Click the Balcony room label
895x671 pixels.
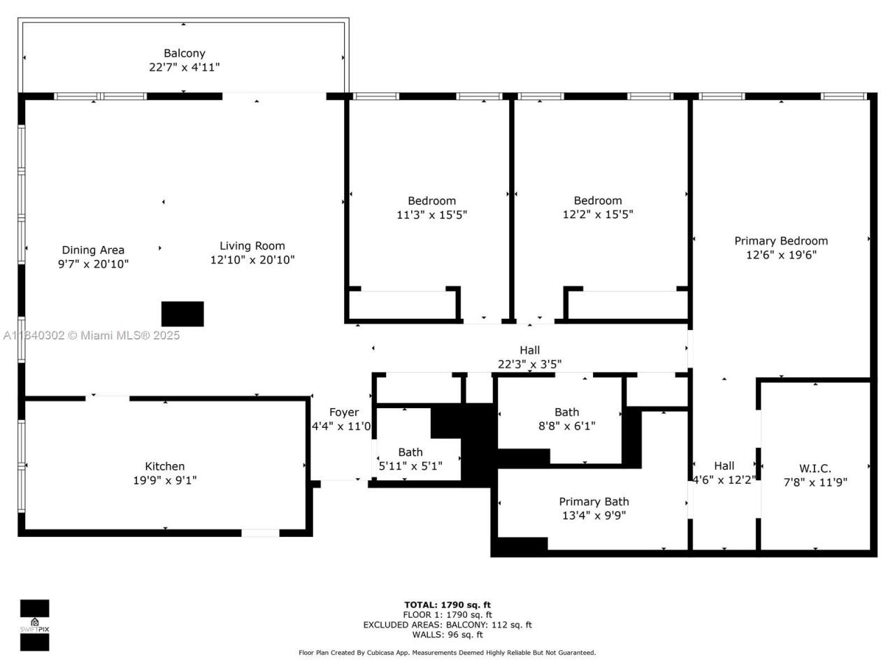pos(185,53)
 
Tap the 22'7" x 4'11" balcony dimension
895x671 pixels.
pos(185,67)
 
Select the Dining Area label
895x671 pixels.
pos(93,250)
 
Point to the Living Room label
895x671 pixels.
pos(252,245)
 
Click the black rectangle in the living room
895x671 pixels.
pos(182,314)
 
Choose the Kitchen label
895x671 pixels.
pos(165,466)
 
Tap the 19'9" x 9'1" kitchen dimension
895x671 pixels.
pos(165,480)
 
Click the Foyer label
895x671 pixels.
pos(343,412)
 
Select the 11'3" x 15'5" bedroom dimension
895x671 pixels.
pos(431,215)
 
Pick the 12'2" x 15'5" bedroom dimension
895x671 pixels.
pos(598,215)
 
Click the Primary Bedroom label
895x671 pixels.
pos(781,240)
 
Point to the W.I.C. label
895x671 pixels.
pos(815,468)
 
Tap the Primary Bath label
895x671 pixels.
pos(594,501)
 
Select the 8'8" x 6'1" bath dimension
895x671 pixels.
pos(567,426)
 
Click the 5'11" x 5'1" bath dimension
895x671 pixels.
pos(410,466)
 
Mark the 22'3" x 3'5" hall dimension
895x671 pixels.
pos(529,363)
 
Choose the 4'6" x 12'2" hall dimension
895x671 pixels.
pos(724,479)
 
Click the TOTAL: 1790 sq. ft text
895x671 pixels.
pos(447,605)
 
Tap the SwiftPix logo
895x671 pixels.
pos(34,625)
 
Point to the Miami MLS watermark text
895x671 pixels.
pos(92,335)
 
